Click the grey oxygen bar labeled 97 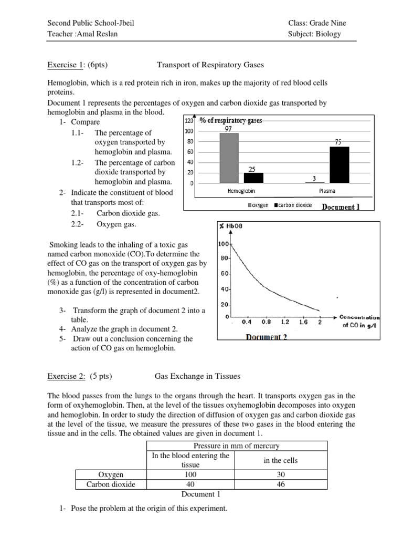229,158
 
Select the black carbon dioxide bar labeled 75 340,164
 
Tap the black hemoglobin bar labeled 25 253,178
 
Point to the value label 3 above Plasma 314,178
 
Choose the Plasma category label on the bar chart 327,191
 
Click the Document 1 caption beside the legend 341,206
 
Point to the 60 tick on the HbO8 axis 224,274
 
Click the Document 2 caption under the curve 267,337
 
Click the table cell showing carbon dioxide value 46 281,484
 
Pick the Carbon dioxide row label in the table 111,484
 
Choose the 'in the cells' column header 281,460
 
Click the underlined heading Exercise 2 66,376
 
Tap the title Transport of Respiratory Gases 210,65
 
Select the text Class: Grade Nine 317,23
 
